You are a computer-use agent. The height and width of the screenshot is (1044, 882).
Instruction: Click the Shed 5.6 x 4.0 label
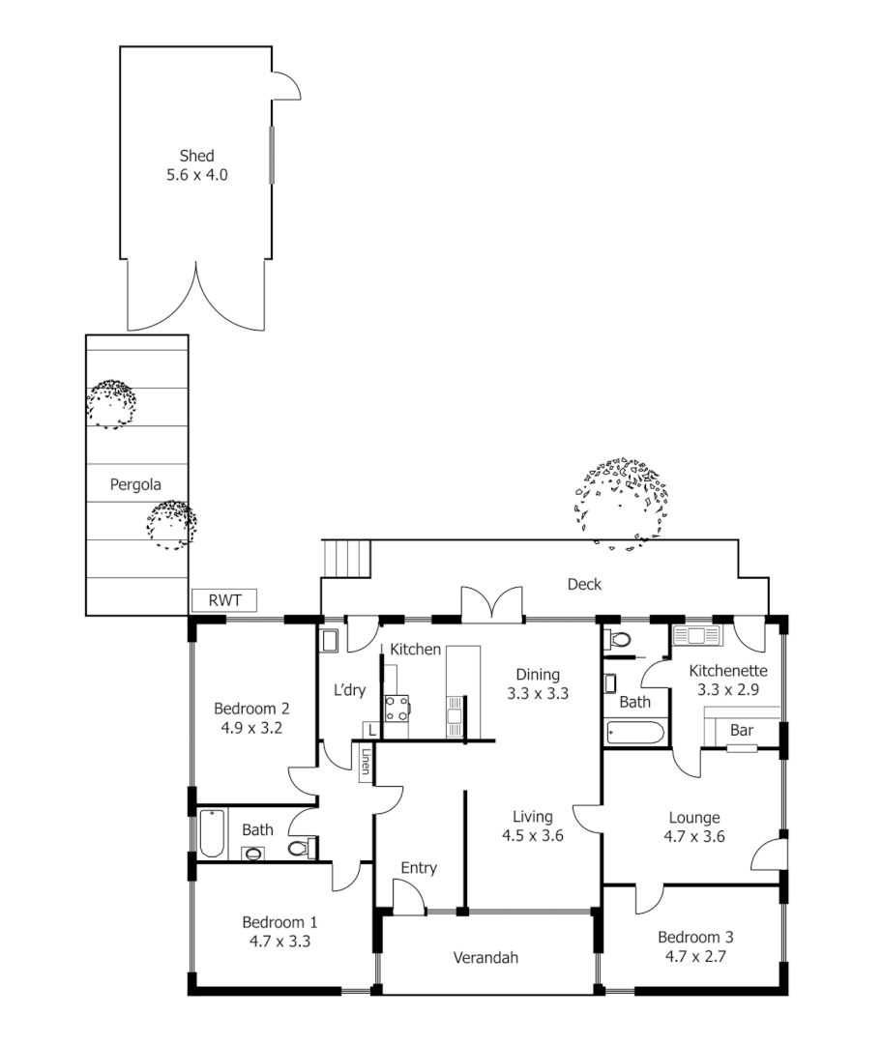tap(196, 165)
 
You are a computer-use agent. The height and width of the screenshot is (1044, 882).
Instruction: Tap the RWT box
tap(223, 601)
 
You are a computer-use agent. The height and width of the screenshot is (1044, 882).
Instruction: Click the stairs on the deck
tap(347, 559)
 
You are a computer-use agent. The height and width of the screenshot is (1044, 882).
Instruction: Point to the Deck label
tap(583, 584)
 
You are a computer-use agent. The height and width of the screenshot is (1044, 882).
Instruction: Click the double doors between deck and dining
tap(492, 604)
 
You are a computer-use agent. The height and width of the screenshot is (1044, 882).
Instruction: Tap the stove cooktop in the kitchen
tap(397, 709)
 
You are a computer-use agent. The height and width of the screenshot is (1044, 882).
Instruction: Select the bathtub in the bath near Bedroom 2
tap(213, 834)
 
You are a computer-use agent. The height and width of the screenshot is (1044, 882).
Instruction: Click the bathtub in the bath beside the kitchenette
tap(636, 732)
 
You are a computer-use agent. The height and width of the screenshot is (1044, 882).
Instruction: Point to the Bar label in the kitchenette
tap(741, 731)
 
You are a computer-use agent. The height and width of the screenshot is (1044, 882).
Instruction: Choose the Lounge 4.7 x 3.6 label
tap(691, 827)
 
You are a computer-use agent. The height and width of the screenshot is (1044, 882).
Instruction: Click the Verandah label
tap(485, 958)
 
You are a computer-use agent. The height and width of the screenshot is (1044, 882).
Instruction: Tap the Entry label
tap(418, 868)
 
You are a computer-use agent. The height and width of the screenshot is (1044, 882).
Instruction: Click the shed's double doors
tap(197, 296)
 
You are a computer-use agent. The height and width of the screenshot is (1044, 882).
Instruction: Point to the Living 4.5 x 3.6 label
tap(532, 826)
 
